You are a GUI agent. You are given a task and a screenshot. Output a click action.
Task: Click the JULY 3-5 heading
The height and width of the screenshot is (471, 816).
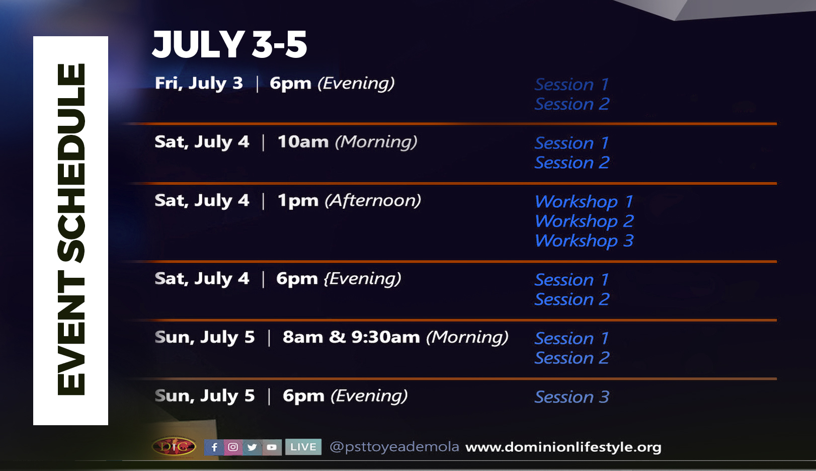pyautogui.click(x=229, y=44)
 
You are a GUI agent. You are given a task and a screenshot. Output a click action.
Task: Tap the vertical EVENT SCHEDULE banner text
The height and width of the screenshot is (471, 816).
pyautogui.click(x=71, y=229)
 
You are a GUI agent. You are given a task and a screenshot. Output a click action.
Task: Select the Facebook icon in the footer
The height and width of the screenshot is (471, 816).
pyautogui.click(x=214, y=447)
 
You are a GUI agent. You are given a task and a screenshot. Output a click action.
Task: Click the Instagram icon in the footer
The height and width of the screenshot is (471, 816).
pyautogui.click(x=233, y=447)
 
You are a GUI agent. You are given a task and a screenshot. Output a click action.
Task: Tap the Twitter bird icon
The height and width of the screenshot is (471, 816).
pyautogui.click(x=252, y=447)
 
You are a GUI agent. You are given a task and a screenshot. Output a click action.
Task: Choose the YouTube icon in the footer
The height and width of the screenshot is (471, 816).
pyautogui.click(x=272, y=447)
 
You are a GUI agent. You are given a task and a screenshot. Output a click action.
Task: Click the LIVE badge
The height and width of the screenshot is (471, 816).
pyautogui.click(x=303, y=447)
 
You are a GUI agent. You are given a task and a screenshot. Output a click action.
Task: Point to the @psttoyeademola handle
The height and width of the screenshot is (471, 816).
pyautogui.click(x=394, y=447)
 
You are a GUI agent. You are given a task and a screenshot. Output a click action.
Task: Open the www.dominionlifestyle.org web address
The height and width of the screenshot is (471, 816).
pyautogui.click(x=563, y=447)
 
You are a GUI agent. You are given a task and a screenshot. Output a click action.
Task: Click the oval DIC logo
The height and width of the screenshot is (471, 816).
pyautogui.click(x=174, y=446)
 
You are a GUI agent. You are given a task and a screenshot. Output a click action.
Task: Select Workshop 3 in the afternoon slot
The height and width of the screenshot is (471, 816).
pyautogui.click(x=584, y=241)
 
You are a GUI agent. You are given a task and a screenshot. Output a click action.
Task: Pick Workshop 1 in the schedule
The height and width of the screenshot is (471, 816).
pyautogui.click(x=584, y=202)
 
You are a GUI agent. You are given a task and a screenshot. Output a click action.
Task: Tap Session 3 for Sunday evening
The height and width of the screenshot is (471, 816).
pyautogui.click(x=572, y=397)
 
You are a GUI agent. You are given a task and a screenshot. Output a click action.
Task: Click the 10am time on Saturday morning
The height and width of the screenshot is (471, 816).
pyautogui.click(x=303, y=142)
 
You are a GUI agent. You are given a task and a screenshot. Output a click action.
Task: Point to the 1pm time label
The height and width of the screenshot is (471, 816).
pyautogui.click(x=298, y=201)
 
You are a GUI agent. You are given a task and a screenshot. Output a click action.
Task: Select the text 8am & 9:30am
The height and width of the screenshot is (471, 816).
pyautogui.click(x=351, y=337)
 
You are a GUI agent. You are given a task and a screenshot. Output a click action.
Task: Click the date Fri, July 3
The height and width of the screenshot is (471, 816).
pyautogui.click(x=199, y=84)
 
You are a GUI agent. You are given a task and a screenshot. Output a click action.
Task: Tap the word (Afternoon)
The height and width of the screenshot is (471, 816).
pyautogui.click(x=373, y=200)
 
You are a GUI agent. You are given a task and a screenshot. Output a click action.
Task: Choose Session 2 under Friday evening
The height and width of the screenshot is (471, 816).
pyautogui.click(x=572, y=104)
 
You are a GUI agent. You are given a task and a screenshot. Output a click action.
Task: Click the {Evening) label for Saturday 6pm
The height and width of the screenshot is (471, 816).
pyautogui.click(x=363, y=279)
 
